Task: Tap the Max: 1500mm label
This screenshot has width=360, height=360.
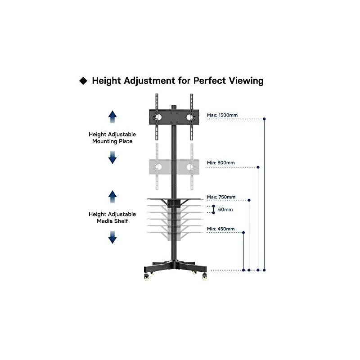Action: coord(221,115)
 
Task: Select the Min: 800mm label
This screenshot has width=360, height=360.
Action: coord(220,163)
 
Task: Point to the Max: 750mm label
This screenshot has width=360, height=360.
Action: coord(221,197)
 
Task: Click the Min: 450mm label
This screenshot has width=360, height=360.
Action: coord(220,229)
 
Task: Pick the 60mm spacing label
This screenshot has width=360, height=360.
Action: coord(225,210)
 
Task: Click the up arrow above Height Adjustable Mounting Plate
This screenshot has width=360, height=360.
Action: coord(112,117)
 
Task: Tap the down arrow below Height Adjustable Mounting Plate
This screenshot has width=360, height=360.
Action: coord(112,157)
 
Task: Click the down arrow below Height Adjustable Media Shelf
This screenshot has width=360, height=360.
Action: coord(112,237)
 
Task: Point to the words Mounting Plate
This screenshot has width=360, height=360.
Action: coord(112,141)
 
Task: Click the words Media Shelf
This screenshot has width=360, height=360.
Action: coord(112,221)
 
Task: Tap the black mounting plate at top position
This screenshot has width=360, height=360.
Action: coord(174,117)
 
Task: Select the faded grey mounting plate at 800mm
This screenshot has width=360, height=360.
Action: coord(174,167)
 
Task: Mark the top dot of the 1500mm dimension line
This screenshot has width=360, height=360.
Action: coord(264,119)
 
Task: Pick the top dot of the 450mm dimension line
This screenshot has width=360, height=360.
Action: coord(243,232)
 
